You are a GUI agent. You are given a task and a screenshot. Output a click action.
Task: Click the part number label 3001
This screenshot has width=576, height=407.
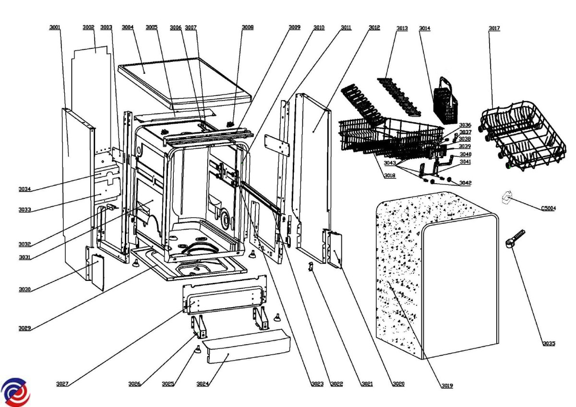click(x=55, y=28)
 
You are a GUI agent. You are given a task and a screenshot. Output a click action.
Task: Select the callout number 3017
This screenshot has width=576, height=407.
click(x=494, y=28)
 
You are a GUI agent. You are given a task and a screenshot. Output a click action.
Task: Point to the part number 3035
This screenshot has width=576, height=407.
click(x=549, y=343)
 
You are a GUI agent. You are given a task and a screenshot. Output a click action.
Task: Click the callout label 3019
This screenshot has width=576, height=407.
click(x=446, y=385)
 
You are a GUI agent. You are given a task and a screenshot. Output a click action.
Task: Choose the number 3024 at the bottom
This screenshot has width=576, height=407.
click(x=203, y=384)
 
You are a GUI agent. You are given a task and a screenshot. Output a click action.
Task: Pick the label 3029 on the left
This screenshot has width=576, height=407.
click(x=25, y=328)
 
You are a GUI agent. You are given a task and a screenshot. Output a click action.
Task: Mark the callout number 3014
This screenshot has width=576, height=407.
click(x=424, y=28)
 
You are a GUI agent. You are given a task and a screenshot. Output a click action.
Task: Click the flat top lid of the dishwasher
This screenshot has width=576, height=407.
click(x=185, y=81)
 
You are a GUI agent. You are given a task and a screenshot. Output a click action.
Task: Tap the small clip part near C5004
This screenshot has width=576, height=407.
click(x=506, y=197)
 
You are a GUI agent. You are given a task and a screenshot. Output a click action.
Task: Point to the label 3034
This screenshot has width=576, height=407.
click(x=25, y=189)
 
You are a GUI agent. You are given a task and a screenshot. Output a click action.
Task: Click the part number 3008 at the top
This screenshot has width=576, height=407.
click(x=248, y=28)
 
